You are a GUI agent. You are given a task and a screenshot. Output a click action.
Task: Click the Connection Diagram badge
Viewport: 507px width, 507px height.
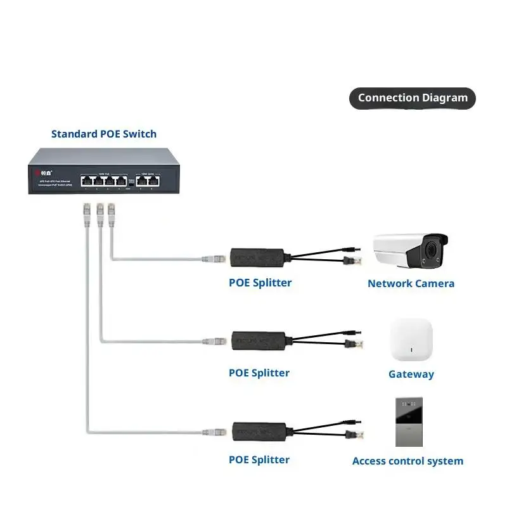click(x=413, y=98)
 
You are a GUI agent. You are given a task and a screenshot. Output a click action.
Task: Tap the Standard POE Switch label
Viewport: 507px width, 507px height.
click(x=103, y=134)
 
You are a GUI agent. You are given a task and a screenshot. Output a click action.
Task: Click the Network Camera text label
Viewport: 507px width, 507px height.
click(x=411, y=283)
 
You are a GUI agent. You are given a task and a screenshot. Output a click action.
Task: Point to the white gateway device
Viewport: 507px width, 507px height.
click(x=411, y=340)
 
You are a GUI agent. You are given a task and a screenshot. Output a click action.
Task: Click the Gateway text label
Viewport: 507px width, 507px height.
click(x=411, y=374)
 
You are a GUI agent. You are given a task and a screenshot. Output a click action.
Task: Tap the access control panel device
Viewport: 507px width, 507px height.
click(x=409, y=422)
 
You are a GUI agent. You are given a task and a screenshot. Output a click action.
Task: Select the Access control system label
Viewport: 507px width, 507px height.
click(x=408, y=461)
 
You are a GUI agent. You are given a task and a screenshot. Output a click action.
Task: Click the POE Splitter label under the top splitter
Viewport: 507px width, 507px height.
click(x=260, y=283)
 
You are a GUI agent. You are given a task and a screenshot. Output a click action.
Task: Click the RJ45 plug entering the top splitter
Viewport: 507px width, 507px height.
click(x=214, y=259)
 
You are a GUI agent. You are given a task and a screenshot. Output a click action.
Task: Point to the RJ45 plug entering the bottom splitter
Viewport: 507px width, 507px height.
click(x=214, y=432)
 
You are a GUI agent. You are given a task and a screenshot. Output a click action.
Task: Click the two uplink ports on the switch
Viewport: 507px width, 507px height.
click(x=146, y=179)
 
